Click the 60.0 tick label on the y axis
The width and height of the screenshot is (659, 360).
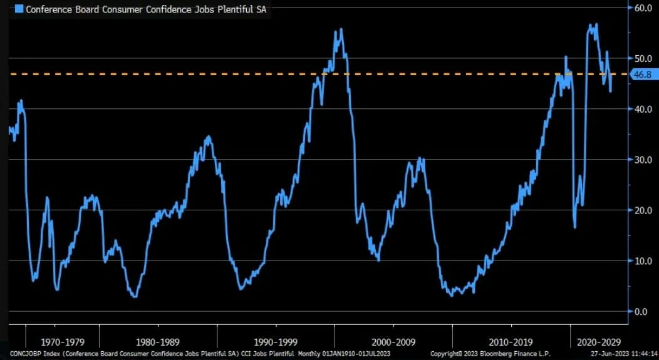(x=643, y=8)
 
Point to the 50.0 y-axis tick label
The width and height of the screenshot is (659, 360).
(x=643, y=59)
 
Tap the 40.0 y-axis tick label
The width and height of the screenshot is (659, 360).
(x=643, y=110)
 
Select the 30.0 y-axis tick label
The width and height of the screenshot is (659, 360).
(x=643, y=160)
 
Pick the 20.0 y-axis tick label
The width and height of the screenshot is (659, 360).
(x=643, y=210)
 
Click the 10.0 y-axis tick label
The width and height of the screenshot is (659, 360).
(x=643, y=261)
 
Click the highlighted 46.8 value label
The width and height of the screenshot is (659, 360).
(x=643, y=75)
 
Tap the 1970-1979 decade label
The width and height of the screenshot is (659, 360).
(x=62, y=342)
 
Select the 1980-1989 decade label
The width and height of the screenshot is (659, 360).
(x=157, y=342)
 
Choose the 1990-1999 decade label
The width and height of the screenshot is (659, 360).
(x=276, y=342)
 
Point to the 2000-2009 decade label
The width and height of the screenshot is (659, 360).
(x=393, y=342)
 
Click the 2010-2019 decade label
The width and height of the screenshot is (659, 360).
(x=511, y=342)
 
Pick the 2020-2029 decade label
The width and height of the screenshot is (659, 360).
(x=599, y=342)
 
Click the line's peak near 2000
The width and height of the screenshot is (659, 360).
(x=340, y=29)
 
